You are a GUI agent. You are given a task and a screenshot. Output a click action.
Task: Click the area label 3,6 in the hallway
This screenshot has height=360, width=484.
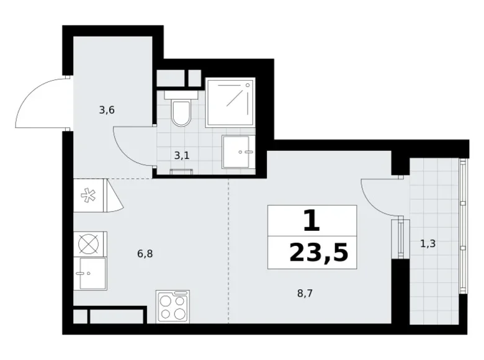tap(107, 110)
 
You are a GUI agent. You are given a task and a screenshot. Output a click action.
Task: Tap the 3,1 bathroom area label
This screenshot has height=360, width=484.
tap(182, 155)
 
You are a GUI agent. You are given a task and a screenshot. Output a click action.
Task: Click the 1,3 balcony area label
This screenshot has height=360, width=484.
tap(428, 244)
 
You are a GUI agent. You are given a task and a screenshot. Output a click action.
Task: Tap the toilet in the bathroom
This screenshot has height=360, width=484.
tap(181, 112)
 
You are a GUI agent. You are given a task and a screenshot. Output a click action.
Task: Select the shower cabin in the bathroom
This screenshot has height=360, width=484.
tap(230, 102)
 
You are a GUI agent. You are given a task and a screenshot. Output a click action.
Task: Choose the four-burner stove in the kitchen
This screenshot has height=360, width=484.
tap(173, 307)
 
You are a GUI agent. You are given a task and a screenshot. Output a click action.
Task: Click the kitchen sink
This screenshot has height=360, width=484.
tap(90, 274)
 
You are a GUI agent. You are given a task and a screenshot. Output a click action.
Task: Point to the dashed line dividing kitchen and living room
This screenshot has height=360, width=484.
tap(228, 248)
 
